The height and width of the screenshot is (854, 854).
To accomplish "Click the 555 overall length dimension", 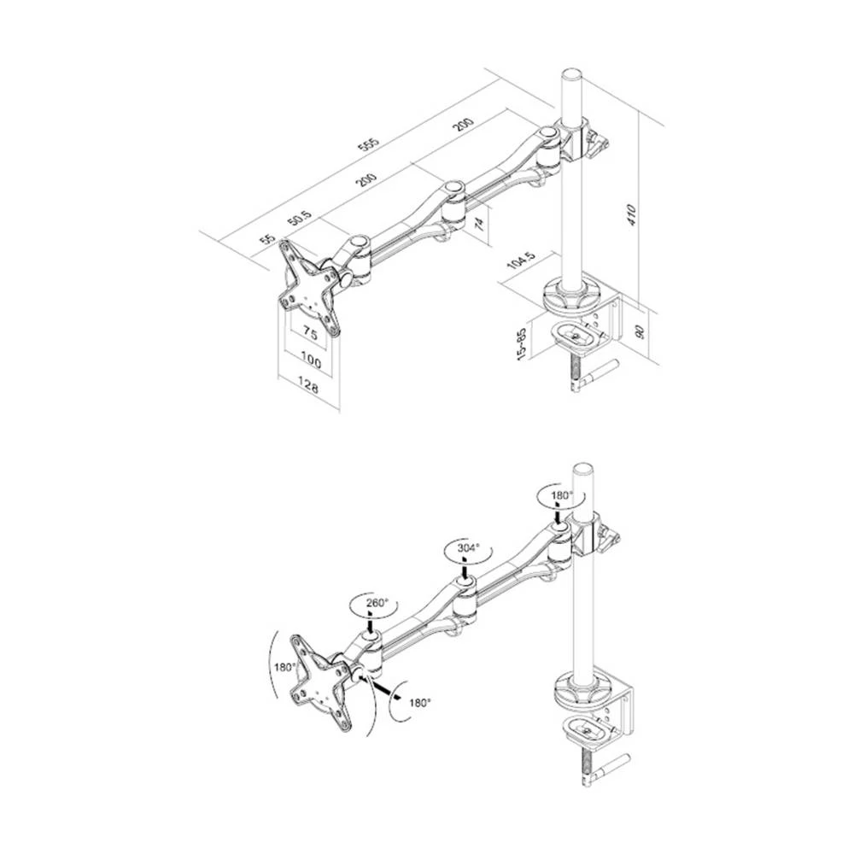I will point(369,144).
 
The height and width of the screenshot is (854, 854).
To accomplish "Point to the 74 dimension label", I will point(479,224).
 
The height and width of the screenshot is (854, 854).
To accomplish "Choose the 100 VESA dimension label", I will point(311,363).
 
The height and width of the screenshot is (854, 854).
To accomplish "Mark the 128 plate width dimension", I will point(309,389).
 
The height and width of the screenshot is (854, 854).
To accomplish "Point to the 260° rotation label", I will point(377,603).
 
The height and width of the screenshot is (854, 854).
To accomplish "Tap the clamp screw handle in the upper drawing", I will point(601,368).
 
